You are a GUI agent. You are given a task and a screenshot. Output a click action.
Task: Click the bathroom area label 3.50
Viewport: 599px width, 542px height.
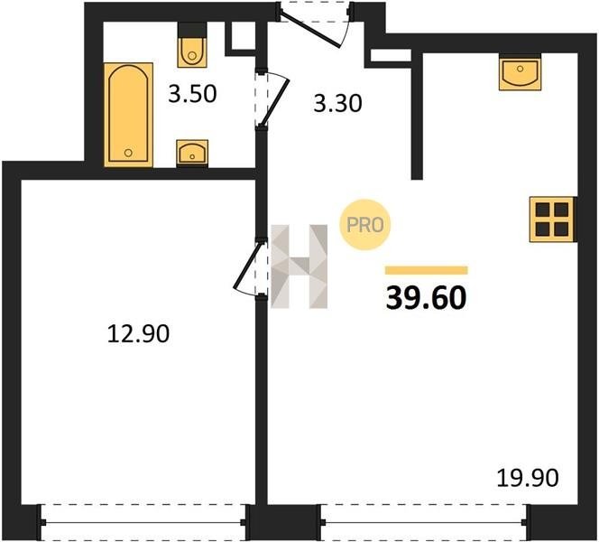tap(192, 94)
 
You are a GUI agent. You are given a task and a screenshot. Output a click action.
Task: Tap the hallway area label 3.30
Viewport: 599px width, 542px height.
tap(337, 104)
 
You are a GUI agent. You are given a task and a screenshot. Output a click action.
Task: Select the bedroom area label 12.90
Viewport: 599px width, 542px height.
tap(138, 333)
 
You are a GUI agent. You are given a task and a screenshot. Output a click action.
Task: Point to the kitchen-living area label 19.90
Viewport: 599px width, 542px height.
tap(528, 478)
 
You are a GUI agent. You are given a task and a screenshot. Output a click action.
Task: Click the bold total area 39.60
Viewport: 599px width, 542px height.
tap(427, 298)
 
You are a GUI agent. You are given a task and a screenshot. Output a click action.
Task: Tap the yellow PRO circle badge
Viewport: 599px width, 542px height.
tap(364, 225)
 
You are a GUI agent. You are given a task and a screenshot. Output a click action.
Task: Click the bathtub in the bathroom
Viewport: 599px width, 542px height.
tap(129, 115)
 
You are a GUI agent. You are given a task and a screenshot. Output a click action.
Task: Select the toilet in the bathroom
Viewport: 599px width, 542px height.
tap(192, 45)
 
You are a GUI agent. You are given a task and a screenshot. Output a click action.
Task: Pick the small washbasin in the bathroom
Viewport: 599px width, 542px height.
tap(192, 153)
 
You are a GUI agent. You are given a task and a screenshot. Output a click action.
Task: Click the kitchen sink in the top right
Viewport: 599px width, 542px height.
tap(520, 72)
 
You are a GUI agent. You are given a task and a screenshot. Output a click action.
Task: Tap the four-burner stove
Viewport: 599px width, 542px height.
tap(552, 220)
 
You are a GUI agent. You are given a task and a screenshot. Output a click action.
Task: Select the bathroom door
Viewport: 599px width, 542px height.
tap(272, 99)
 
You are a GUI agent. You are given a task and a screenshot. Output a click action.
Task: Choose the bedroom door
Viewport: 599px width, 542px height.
tap(250, 267)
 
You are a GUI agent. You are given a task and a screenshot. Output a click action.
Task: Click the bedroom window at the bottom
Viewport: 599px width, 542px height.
tap(143, 522)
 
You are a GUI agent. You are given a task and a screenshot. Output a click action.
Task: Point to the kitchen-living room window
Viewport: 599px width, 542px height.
tap(424, 522)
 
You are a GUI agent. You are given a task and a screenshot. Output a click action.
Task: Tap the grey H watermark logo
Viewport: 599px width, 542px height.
tap(299, 266)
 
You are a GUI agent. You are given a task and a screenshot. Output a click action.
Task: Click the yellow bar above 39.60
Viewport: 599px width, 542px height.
tap(427, 270)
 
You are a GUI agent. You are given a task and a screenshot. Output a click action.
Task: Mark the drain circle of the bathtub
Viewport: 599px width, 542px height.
tap(128, 153)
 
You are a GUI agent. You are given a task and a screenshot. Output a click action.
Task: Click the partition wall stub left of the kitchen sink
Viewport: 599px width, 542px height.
tap(417, 115)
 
